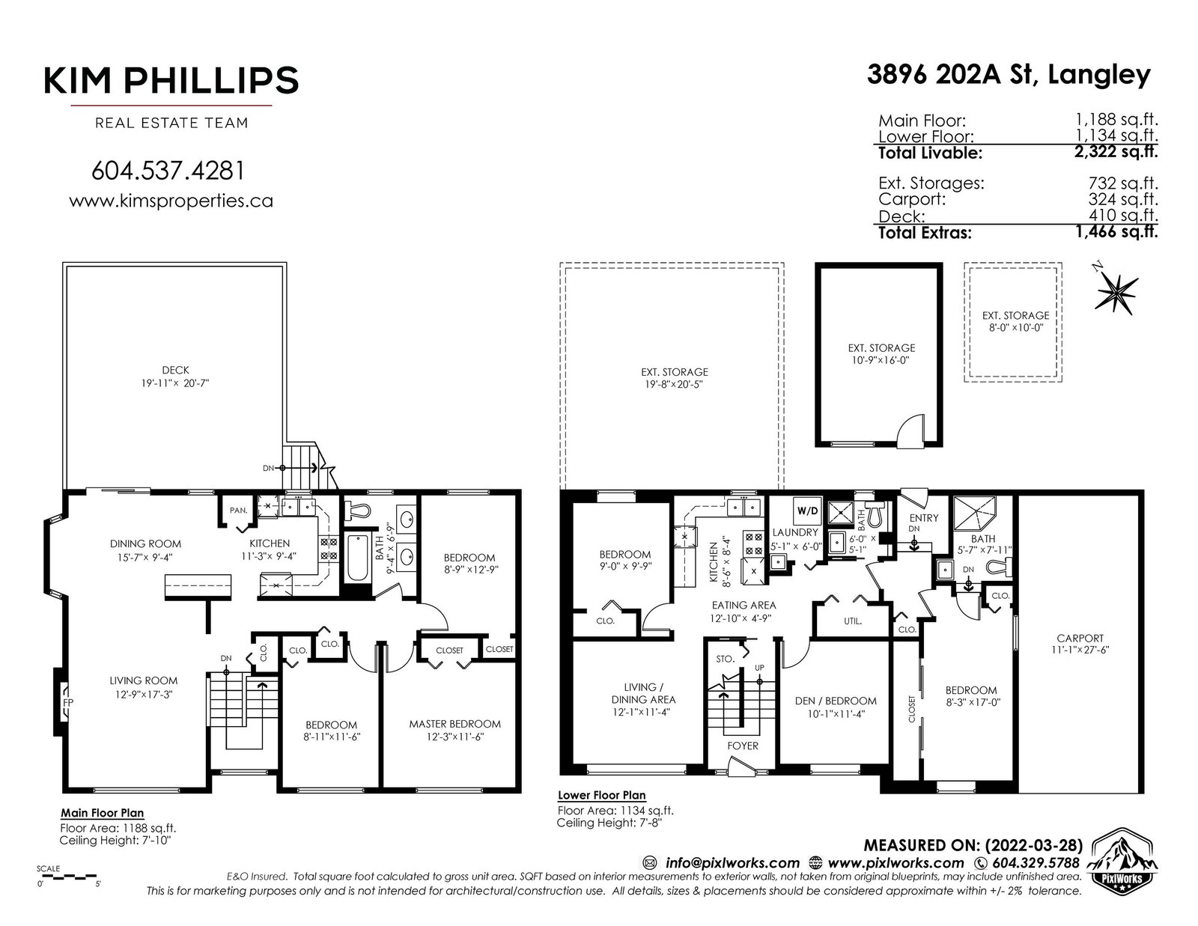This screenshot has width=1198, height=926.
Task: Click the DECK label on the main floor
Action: tap(175, 370)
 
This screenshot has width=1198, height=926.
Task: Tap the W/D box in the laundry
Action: tap(807, 511)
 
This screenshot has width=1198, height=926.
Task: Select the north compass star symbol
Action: tap(1116, 290)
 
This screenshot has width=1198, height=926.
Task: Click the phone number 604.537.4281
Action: tap(168, 171)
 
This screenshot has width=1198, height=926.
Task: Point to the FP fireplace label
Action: tap(68, 702)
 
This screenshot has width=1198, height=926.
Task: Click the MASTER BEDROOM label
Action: tap(454, 724)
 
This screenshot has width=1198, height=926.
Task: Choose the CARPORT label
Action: tap(1080, 638)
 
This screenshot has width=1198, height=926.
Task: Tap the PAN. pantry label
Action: tap(238, 511)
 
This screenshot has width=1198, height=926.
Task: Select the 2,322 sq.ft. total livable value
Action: tap(1116, 151)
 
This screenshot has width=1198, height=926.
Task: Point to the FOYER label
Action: tap(743, 746)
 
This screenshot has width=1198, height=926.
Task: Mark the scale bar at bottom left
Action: tap(68, 876)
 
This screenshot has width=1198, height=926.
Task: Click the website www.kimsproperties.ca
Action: tap(171, 201)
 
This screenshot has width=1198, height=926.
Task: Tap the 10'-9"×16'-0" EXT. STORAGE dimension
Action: tap(881, 361)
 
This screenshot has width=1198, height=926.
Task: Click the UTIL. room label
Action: tap(852, 621)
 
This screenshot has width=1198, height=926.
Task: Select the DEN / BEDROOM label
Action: tap(836, 701)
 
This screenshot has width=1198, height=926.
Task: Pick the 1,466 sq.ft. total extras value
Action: tap(1116, 231)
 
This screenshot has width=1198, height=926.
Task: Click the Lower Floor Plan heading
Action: tap(601, 795)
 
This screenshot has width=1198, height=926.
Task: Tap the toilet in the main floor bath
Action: tap(356, 511)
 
